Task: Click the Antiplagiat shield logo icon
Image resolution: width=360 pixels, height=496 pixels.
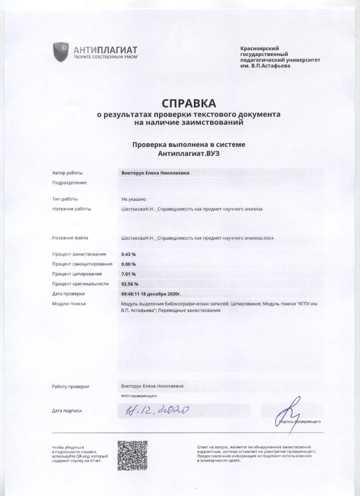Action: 61,52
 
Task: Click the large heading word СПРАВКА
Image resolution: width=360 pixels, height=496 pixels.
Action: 188,103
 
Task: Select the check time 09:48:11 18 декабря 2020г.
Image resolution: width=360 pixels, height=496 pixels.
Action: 151,293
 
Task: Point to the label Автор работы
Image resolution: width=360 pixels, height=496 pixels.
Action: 67,173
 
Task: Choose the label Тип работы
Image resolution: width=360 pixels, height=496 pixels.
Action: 65,199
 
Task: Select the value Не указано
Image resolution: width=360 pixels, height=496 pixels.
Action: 134,199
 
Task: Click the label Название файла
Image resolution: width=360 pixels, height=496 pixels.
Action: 70,238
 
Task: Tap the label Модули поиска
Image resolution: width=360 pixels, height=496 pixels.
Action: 69,304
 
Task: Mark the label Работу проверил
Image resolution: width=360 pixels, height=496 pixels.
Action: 71,387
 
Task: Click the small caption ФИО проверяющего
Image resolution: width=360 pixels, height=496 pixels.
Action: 139,396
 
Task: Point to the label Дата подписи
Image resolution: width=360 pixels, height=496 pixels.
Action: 67,410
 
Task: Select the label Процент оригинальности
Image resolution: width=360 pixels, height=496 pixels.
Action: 80,284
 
